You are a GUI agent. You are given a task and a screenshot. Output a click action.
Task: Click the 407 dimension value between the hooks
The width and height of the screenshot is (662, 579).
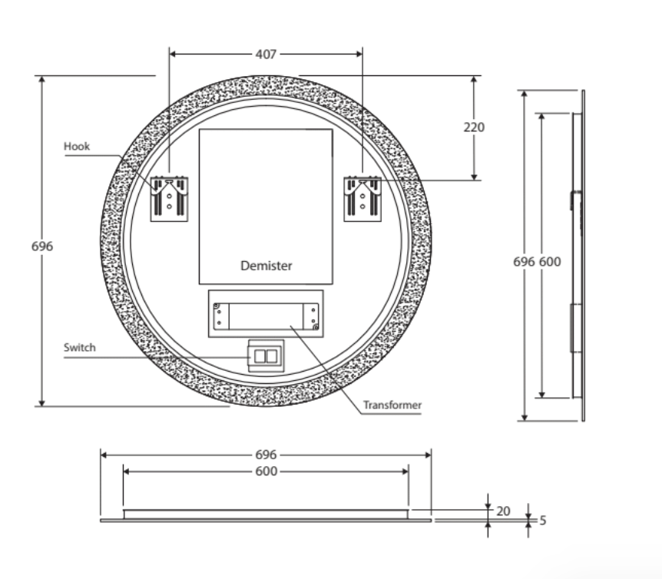[x=266, y=55]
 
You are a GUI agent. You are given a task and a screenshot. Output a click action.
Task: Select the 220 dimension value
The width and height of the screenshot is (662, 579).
[x=474, y=127]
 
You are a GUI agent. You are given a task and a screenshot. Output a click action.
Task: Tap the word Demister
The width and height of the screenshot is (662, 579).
[x=266, y=266]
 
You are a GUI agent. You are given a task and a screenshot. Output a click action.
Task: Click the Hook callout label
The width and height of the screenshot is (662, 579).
[x=77, y=146]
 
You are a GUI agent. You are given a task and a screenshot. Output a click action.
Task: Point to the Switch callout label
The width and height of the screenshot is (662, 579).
[x=79, y=348]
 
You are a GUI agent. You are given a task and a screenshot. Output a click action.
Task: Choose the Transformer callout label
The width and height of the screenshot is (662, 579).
[x=392, y=405]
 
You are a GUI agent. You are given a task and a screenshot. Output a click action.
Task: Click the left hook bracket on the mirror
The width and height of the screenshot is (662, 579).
[x=169, y=199]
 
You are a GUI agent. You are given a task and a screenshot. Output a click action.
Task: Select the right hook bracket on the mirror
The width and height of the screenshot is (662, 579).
[x=362, y=199]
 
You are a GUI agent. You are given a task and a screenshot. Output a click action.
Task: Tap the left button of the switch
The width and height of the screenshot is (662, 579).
[x=259, y=356]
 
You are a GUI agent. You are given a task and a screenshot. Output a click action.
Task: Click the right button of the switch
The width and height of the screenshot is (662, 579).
[x=272, y=356]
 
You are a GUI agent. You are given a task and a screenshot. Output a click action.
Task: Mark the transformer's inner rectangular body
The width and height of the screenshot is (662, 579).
[x=266, y=314]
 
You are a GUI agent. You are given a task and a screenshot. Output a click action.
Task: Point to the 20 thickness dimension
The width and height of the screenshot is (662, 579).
[x=503, y=511]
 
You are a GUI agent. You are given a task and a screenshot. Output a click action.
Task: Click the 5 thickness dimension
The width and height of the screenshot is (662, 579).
[x=542, y=521]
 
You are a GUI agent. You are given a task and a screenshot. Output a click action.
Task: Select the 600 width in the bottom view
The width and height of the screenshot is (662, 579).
[x=266, y=471]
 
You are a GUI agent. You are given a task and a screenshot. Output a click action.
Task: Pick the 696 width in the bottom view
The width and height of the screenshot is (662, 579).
[x=266, y=455]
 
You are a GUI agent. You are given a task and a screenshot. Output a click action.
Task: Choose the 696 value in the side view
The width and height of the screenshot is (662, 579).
[x=524, y=262]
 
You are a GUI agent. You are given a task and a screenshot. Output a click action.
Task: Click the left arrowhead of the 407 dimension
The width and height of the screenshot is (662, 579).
[x=173, y=55]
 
